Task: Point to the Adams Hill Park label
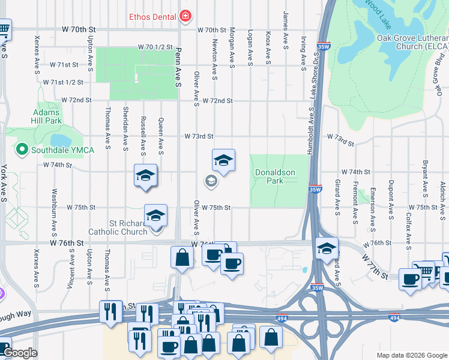pyautogui.click(x=47, y=116)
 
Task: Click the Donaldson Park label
pyautogui.click(x=275, y=176)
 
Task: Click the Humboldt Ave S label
pyautogui.click(x=311, y=131)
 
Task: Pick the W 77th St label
pyautogui.click(x=375, y=266)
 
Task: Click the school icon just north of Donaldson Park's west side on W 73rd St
pyautogui.click(x=223, y=160)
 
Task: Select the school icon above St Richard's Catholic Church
pyautogui.click(x=156, y=215)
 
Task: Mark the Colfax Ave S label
pyautogui.click(x=408, y=231)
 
